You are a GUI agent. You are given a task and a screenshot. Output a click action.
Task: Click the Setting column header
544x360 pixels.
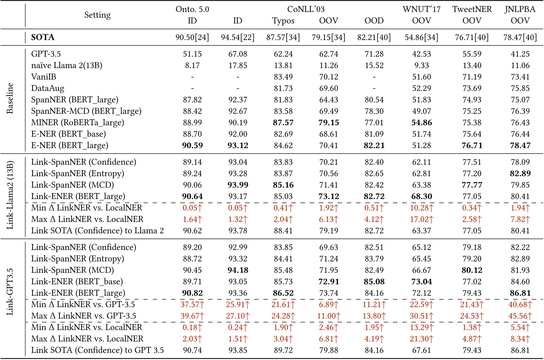[x=97, y=15]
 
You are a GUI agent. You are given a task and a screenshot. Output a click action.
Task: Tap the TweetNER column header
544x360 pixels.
[x=472, y=9]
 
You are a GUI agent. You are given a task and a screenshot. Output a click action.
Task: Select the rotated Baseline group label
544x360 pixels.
[x=10, y=99]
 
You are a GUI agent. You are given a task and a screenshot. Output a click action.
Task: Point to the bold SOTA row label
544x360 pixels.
[x=43, y=37]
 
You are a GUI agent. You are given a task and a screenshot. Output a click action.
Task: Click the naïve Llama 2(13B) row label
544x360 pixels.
[x=66, y=65]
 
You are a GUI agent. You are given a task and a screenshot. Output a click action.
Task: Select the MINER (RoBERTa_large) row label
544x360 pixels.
[x=78, y=123]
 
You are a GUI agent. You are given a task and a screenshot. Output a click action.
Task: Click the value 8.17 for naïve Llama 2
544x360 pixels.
[x=192, y=65]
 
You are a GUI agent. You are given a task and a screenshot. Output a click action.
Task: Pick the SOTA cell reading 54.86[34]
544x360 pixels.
[x=421, y=37]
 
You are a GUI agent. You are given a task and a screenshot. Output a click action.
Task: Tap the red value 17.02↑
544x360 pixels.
[x=421, y=219]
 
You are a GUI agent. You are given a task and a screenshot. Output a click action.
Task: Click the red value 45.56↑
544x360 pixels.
[x=520, y=316]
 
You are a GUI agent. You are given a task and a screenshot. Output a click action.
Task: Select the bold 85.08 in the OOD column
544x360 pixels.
[x=374, y=282]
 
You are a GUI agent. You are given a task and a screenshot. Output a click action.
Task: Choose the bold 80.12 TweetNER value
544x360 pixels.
[x=472, y=270]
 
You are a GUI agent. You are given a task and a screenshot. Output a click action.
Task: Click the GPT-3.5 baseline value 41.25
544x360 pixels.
[x=520, y=54]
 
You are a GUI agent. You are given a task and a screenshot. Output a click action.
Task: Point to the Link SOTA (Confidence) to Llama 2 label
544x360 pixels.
[x=97, y=231]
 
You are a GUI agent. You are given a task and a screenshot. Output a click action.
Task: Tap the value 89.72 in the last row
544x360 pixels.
[x=283, y=350]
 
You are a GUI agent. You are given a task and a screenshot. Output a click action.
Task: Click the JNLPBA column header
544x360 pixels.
[x=520, y=9]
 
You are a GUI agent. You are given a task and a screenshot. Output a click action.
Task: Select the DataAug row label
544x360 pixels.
[x=48, y=88]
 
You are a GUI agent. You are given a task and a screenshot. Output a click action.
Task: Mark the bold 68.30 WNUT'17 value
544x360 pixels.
[x=421, y=196]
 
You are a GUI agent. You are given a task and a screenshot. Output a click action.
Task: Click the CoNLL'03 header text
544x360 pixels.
[x=306, y=9]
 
